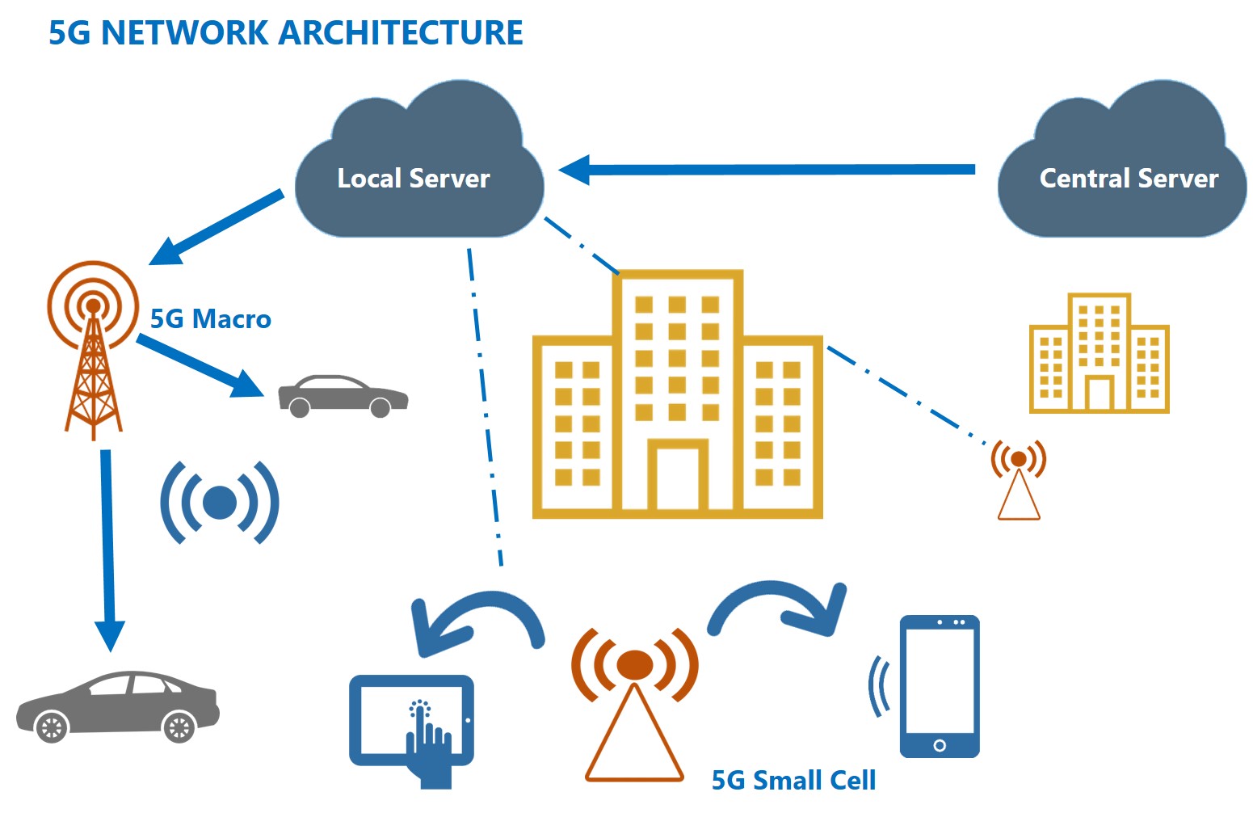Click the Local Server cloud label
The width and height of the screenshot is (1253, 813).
(x=413, y=179)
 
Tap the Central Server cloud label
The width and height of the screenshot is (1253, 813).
(x=1128, y=179)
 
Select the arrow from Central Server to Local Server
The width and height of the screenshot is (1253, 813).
(x=767, y=170)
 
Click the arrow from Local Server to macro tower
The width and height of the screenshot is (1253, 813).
(x=218, y=227)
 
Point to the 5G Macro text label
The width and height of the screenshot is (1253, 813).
(x=210, y=319)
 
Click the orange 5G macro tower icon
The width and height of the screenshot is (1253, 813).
(x=93, y=348)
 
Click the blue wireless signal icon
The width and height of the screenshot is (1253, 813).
(x=219, y=503)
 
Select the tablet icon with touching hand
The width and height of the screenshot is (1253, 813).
(x=410, y=723)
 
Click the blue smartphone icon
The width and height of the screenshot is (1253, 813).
(x=939, y=686)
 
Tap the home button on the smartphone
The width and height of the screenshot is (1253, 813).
(x=939, y=745)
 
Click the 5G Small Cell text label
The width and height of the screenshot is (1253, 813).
(x=793, y=780)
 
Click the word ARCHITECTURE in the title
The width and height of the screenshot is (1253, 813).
(x=401, y=33)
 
